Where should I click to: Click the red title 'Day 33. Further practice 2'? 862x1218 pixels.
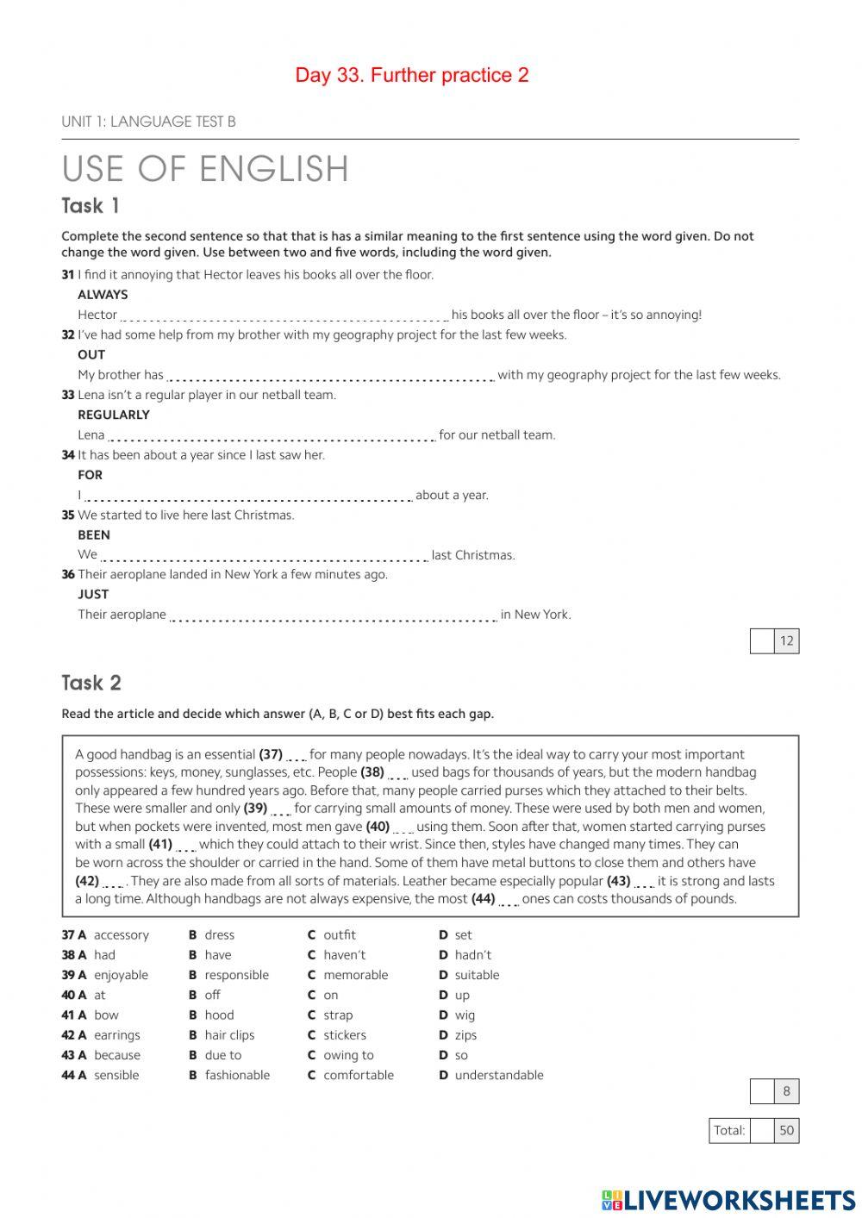[x=412, y=76]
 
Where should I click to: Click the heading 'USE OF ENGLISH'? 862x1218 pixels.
[x=205, y=169]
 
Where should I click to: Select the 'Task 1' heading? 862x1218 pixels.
[x=91, y=206]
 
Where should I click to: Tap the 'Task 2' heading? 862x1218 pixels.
[x=91, y=683]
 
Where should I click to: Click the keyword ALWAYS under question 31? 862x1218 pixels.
[x=103, y=295]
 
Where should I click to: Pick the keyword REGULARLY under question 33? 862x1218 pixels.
[x=114, y=415]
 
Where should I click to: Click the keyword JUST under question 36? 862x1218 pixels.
[x=93, y=594]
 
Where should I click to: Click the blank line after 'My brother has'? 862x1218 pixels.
[x=330, y=376]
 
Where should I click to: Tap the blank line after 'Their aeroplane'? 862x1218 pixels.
[x=334, y=615]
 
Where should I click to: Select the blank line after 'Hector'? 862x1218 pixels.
[x=284, y=316]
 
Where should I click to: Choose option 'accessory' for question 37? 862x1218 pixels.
[x=121, y=935]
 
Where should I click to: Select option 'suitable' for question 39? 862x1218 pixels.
[x=477, y=975]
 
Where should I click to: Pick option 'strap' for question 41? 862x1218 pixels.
[x=338, y=1015]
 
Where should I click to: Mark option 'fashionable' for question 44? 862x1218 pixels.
[x=237, y=1075]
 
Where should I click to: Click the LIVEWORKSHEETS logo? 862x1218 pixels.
[x=728, y=1200]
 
